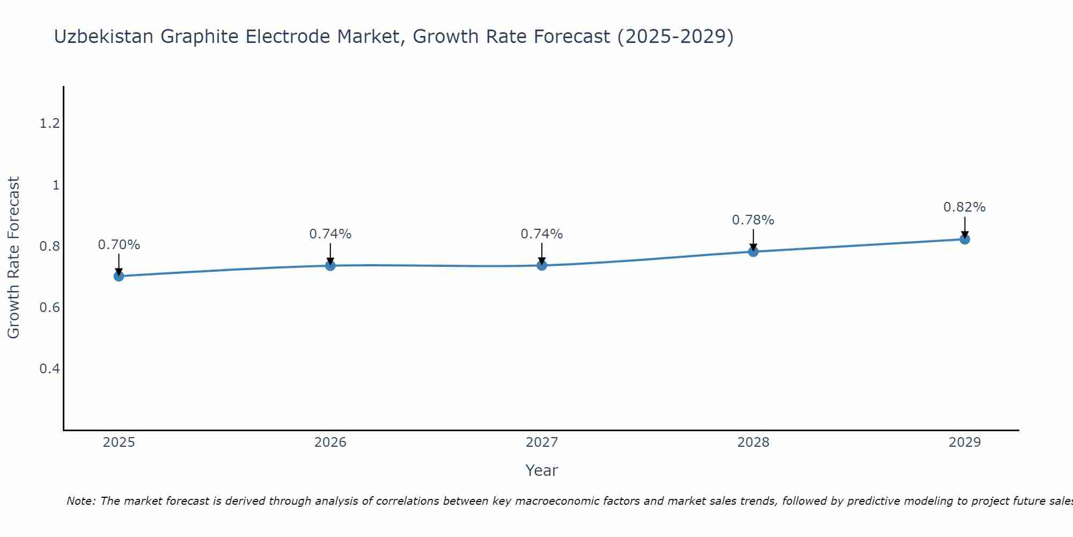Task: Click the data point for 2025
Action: tap(119, 276)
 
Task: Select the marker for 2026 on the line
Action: tap(330, 265)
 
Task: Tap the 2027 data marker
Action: tap(541, 265)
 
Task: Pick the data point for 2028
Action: tap(753, 251)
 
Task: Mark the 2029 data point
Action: tap(964, 239)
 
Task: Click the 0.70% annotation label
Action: tap(119, 245)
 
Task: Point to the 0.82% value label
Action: tap(964, 207)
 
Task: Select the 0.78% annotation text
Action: tap(753, 220)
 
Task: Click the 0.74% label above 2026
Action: tap(330, 234)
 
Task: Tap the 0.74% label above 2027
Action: tap(541, 234)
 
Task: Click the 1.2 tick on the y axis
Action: tap(49, 124)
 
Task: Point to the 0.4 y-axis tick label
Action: tap(49, 369)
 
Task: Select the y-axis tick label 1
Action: tap(55, 185)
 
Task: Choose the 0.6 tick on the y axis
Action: tap(49, 308)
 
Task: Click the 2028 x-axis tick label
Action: tap(753, 442)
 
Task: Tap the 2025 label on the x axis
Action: tap(119, 442)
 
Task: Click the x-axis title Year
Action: tap(541, 470)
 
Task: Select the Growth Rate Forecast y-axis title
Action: tap(14, 258)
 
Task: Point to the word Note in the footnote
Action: tap(80, 501)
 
